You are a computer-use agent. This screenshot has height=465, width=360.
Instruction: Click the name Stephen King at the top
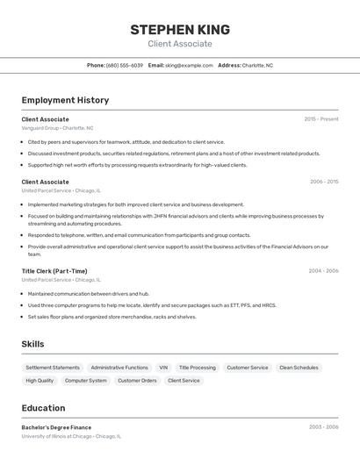179,29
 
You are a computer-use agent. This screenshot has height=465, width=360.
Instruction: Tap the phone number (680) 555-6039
124,65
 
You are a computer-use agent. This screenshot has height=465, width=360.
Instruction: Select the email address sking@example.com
189,65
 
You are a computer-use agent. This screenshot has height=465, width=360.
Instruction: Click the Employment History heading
65,100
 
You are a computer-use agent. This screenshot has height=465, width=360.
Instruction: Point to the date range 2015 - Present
321,118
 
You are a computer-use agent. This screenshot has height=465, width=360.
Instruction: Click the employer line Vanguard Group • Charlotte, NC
57,128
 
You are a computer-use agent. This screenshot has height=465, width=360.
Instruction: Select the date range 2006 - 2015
323,182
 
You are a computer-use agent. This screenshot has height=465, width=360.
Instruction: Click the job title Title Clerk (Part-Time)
54,271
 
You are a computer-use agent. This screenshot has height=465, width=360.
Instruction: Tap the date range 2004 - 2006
323,271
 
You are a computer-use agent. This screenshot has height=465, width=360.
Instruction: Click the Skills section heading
33,344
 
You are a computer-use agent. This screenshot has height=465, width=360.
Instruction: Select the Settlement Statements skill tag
53,368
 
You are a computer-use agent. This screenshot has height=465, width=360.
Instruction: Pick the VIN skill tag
163,368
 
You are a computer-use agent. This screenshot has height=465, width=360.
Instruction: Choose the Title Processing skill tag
198,368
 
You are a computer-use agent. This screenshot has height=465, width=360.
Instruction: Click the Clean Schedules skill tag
299,368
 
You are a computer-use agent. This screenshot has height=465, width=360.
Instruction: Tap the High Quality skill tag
40,381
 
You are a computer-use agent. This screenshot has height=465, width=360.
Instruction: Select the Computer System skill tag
86,381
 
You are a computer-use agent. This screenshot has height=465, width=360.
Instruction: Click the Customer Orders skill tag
137,381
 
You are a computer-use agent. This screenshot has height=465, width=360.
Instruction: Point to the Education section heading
43,408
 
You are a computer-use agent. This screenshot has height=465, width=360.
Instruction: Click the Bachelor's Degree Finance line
56,427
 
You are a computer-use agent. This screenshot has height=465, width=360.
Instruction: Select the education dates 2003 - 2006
323,427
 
